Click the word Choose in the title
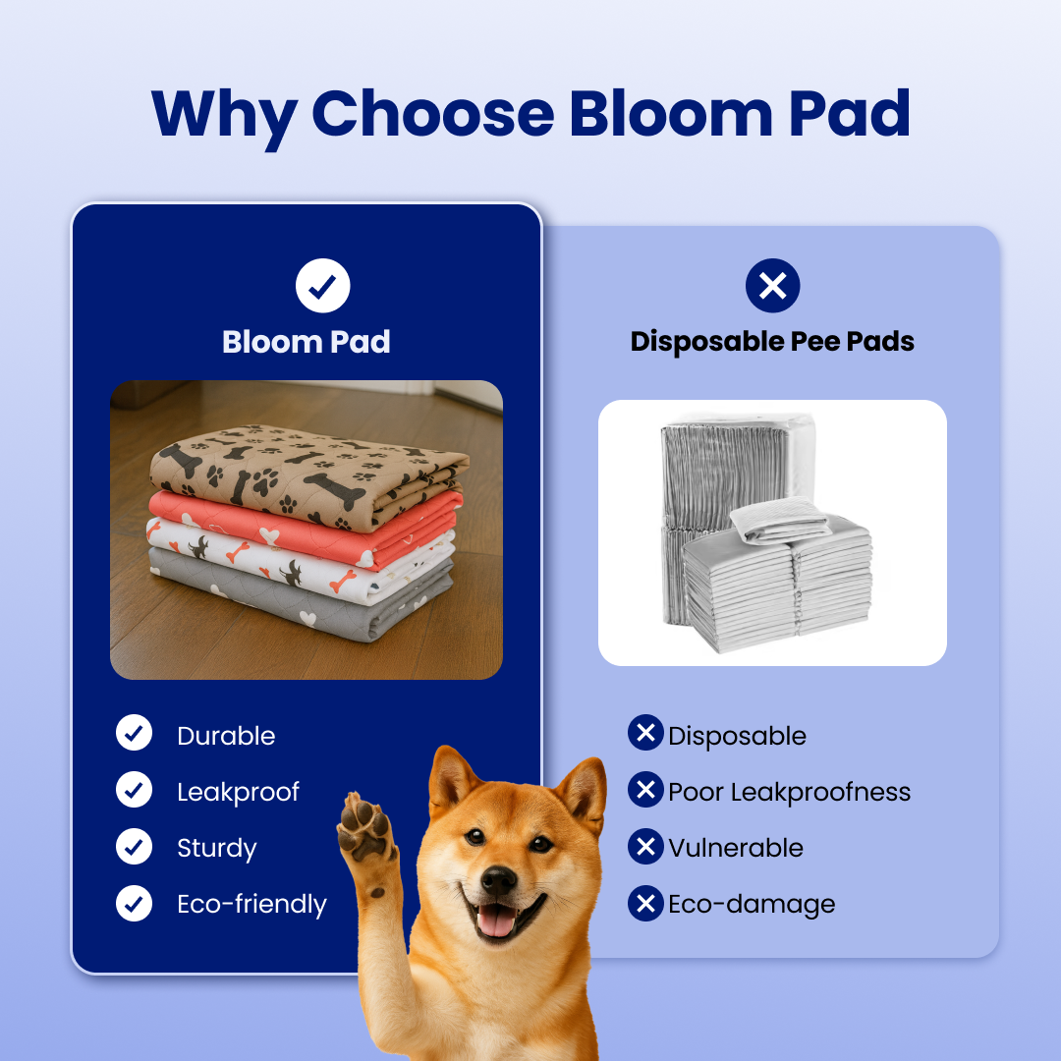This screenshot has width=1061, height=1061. tap(431, 114)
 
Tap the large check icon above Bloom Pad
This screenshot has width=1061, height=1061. tap(323, 286)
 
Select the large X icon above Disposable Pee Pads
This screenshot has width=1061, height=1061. tap(772, 286)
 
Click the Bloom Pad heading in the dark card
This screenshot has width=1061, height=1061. tap(307, 342)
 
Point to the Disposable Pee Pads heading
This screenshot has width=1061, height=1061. tap(772, 342)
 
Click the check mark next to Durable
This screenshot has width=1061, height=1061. tap(134, 733)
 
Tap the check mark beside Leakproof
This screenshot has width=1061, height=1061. tap(134, 790)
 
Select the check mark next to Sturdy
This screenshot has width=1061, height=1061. tap(134, 847)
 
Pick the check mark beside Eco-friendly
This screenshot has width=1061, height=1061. tap(134, 903)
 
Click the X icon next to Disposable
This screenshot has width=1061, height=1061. tap(645, 733)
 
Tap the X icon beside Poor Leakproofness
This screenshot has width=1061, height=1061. tap(645, 790)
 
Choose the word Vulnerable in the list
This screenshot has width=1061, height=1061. tap(736, 848)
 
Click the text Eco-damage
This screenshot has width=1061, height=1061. tap(752, 904)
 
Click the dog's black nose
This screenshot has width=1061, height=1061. tap(498, 879)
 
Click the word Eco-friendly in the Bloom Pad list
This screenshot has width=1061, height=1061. tap(251, 904)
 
